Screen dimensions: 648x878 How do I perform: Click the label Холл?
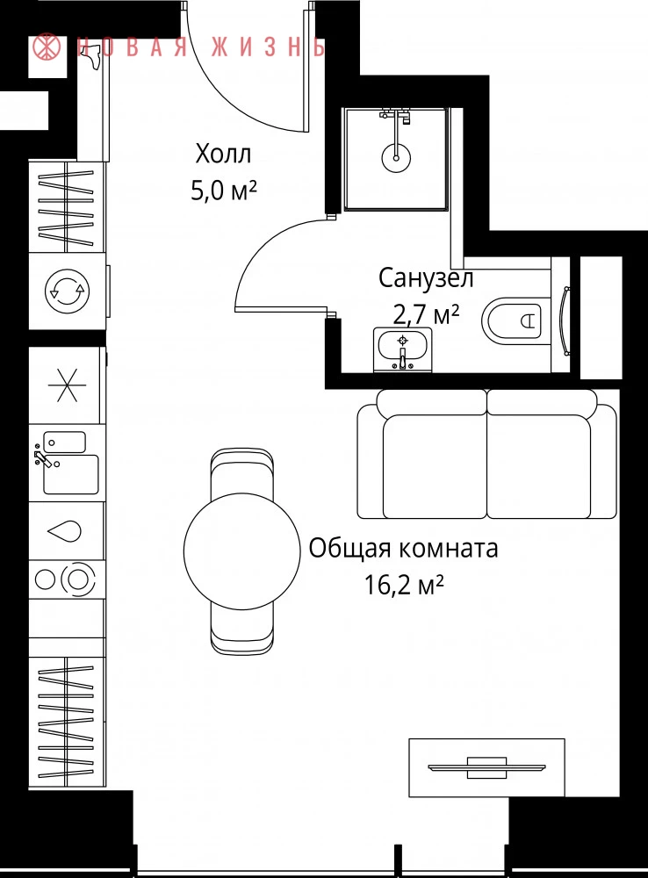tap(223, 154)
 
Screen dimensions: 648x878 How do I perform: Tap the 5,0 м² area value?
tap(224, 191)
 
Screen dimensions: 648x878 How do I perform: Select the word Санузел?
tap(426, 278)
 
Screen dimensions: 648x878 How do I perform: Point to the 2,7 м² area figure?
tap(426, 314)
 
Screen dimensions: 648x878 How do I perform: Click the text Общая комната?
tap(403, 548)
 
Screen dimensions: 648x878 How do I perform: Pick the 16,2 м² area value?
tap(404, 585)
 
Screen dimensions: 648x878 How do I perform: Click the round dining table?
tap(242, 551)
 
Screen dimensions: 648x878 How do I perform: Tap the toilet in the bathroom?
tap(512, 320)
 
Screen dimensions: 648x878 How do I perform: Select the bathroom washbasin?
tap(403, 349)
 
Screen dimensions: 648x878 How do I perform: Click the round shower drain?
tap(396, 156)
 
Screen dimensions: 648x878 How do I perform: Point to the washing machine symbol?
tap(68, 291)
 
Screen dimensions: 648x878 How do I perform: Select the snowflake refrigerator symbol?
tap(67, 385)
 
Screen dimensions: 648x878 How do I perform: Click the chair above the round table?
tap(242, 473)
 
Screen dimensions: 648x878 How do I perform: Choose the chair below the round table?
tap(242, 626)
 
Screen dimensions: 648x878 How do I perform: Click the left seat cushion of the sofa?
tap(435, 466)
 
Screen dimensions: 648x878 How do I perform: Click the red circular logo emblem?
tap(47, 47)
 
